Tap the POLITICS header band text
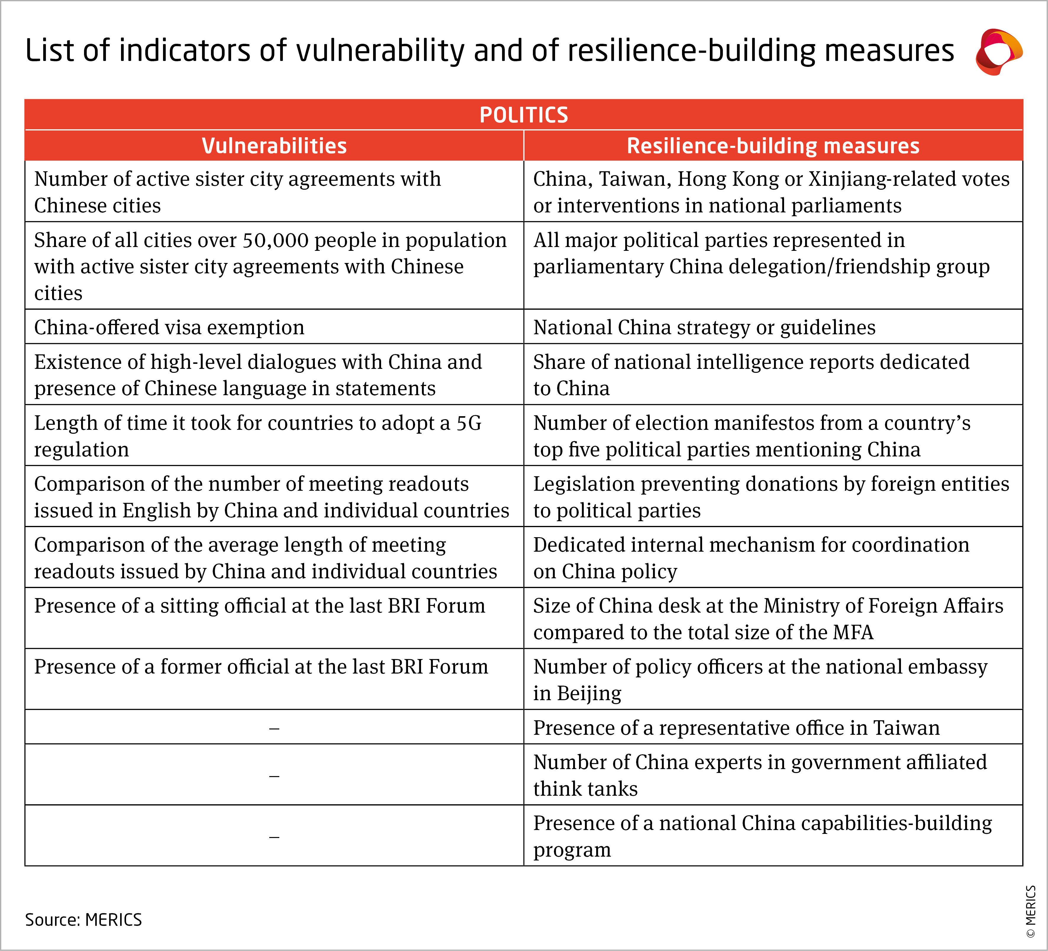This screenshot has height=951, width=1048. pos(523,115)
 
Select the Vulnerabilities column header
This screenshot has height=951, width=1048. pos(274,146)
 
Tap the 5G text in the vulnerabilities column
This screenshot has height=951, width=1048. pos(469,423)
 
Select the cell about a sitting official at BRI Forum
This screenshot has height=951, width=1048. pos(259,606)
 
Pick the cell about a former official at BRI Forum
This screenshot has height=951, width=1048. pos(261,667)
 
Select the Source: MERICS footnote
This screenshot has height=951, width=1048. pos(83,920)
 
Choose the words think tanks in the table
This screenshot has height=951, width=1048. pos(585,789)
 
